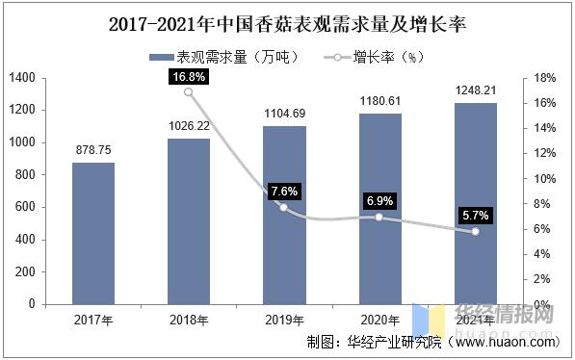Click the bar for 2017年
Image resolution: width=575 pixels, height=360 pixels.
click(93, 233)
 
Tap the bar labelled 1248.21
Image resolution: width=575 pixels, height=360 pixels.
click(475, 203)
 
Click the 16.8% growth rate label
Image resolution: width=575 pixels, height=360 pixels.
click(188, 76)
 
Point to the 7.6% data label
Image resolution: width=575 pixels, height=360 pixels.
click(284, 191)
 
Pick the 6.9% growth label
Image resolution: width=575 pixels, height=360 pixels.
click(379, 200)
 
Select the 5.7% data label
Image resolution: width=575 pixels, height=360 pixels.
click(474, 215)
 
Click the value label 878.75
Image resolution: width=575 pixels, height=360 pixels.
click(93, 150)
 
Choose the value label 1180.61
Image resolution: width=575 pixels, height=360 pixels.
click(379, 101)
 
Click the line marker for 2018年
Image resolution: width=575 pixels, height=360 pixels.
click(189, 92)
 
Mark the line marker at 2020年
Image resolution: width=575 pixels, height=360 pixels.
click(379, 218)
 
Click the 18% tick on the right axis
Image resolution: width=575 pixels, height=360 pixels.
click(543, 77)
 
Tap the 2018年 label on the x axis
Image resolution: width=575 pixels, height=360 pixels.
click(189, 320)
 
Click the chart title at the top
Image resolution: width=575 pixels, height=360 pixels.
click(286, 20)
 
